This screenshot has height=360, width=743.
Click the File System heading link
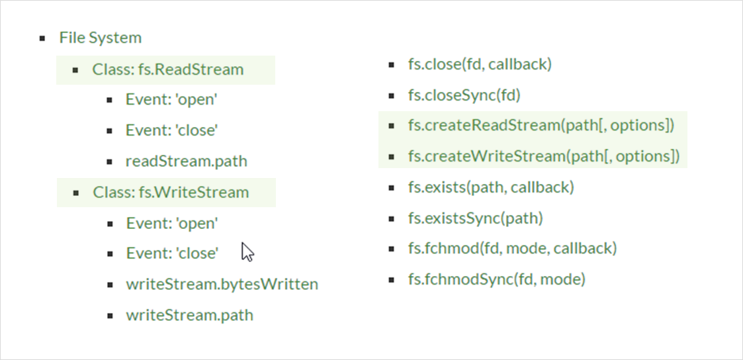pos(100,38)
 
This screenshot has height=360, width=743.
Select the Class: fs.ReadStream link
pos(167,69)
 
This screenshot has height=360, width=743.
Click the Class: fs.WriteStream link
pos(171,193)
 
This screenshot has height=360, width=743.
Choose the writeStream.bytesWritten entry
pos(222,284)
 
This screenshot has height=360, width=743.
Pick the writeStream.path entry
pos(189,314)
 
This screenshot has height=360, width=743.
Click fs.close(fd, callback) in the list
pos(480,64)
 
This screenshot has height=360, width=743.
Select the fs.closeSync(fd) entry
pos(464,95)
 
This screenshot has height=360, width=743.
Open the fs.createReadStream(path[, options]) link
pos(541,126)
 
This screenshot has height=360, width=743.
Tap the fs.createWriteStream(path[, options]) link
pos(543,156)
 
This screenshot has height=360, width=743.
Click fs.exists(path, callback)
pos(491,187)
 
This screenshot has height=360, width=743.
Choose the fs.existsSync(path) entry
pos(475,218)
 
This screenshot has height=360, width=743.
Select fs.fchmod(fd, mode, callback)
pos(512,248)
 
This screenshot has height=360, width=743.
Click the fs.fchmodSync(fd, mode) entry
pos(496,279)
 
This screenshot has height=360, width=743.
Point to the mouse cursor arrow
pos(247,251)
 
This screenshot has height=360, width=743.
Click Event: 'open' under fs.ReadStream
pos(171,100)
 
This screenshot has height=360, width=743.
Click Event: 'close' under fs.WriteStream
pos(172,253)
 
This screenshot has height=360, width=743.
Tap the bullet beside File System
pos(43,38)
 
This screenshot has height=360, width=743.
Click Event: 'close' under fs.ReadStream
pos(171,130)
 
